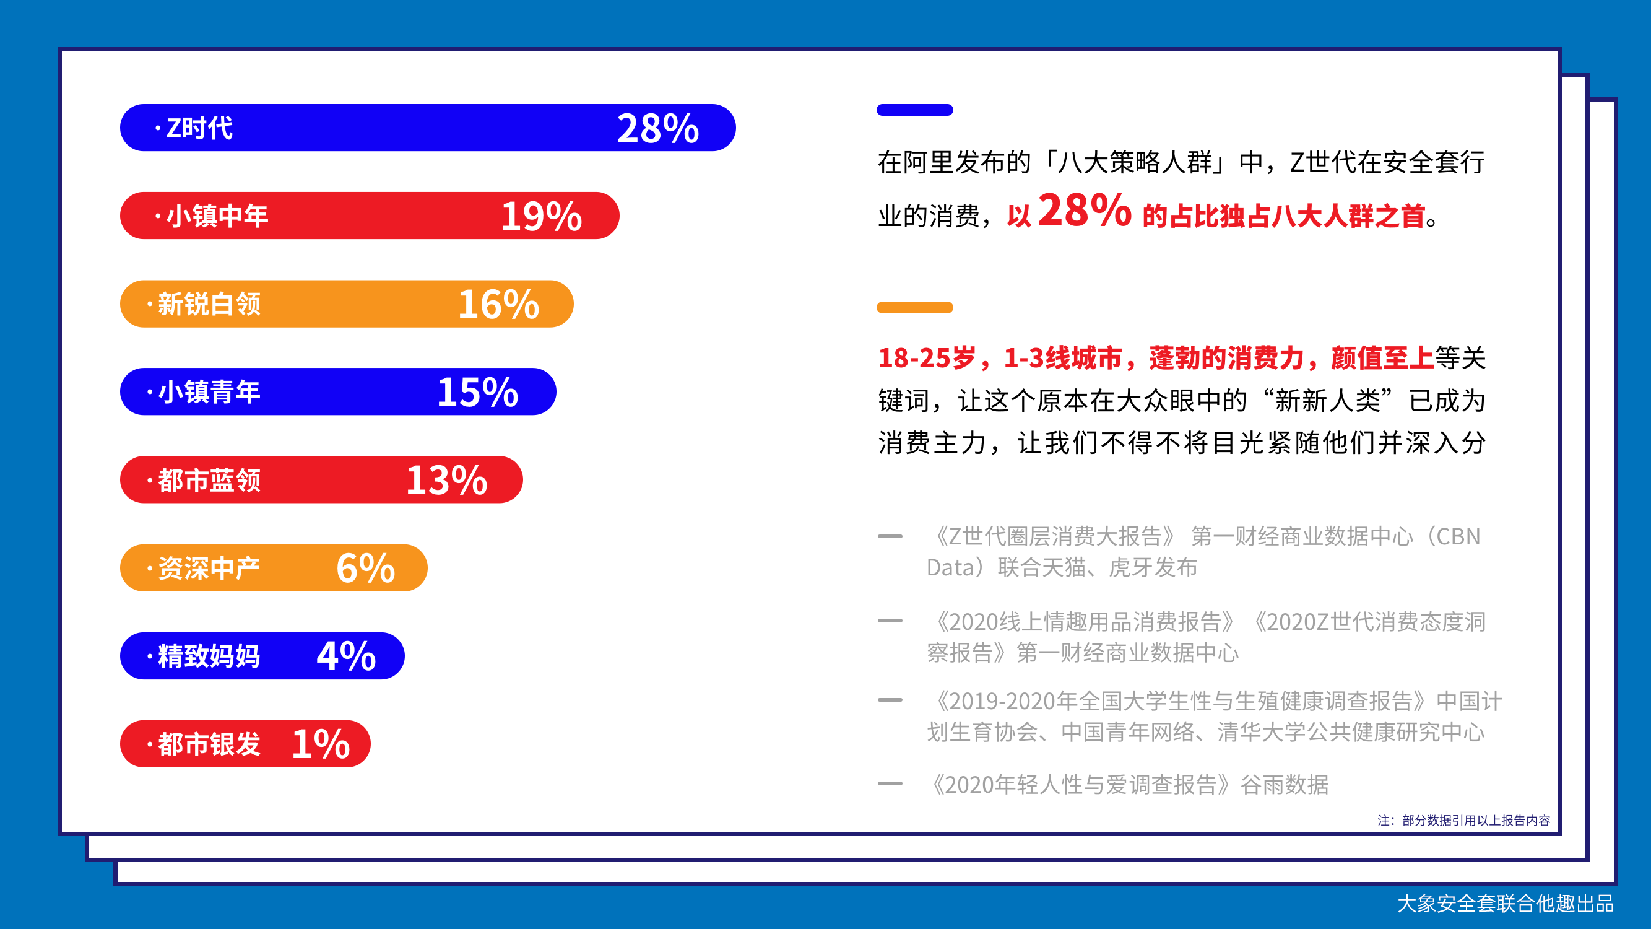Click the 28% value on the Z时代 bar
click(x=657, y=128)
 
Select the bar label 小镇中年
click(x=217, y=216)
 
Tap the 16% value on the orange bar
click(x=498, y=304)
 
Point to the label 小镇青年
click(x=209, y=392)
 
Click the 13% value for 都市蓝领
click(x=447, y=480)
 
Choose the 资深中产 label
click(x=209, y=568)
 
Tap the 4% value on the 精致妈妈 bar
click(x=346, y=656)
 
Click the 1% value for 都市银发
click(x=321, y=744)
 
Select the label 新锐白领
click(x=209, y=304)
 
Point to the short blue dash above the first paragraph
click(x=914, y=110)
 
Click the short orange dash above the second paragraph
click(x=914, y=307)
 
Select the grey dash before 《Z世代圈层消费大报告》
click(x=890, y=536)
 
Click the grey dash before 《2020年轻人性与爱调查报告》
click(x=890, y=783)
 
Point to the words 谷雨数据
click(x=1285, y=784)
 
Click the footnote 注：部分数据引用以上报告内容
click(x=1464, y=820)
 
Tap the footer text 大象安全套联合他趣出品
click(x=1506, y=904)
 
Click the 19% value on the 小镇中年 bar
click(x=542, y=216)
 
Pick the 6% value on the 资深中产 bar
click(x=365, y=568)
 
